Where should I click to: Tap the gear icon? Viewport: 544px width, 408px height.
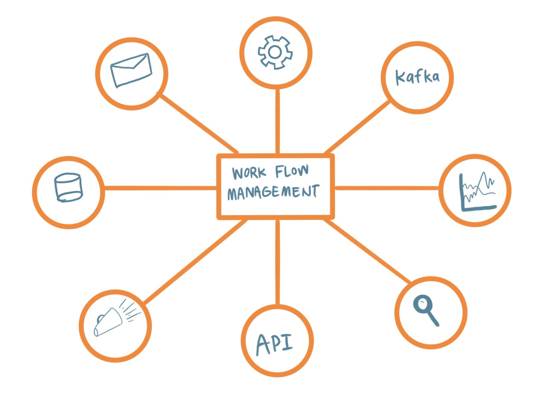(x=275, y=52)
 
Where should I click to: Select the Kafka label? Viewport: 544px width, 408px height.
(x=417, y=77)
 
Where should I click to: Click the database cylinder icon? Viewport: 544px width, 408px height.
(x=69, y=187)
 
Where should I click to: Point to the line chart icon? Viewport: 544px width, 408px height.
(x=477, y=192)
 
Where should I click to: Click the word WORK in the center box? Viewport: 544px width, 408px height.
(x=249, y=173)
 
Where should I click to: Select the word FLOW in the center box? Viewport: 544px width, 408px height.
(x=292, y=171)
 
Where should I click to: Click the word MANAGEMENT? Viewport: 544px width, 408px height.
(x=273, y=192)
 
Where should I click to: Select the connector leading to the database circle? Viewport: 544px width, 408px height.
(x=160, y=188)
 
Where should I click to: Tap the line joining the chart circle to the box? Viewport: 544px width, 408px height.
(x=387, y=188)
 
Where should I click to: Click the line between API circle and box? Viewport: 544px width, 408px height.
(x=278, y=261)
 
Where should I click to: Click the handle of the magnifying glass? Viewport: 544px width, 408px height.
(x=433, y=319)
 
